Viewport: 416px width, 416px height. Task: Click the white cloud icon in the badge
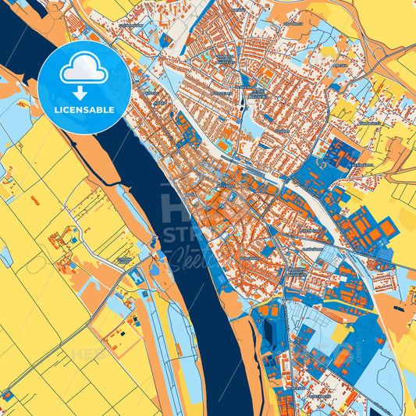(84, 68)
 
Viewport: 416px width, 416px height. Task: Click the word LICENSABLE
(84, 109)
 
